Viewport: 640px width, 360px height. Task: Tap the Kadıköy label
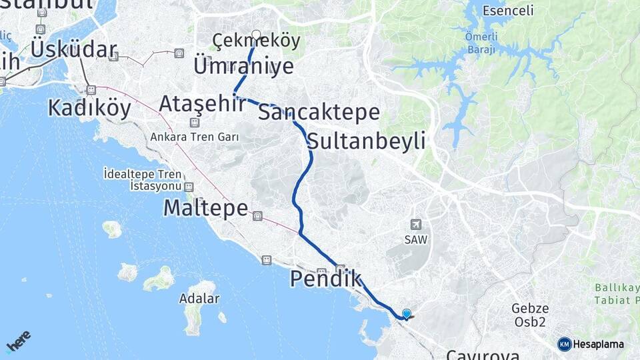89,107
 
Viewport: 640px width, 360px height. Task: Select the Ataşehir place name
201,103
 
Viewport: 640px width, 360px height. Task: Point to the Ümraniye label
243,66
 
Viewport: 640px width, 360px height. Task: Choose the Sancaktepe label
319,112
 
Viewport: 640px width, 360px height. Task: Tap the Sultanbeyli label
367,141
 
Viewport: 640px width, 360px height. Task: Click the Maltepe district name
205,208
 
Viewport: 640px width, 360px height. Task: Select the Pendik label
325,279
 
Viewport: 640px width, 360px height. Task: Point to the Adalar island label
199,298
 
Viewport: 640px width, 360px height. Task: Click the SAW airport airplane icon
416,225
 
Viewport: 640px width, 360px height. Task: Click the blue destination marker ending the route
406,313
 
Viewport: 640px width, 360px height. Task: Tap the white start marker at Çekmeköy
256,34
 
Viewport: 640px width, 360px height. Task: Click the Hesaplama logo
591,344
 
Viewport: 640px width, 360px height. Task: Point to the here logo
18,341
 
